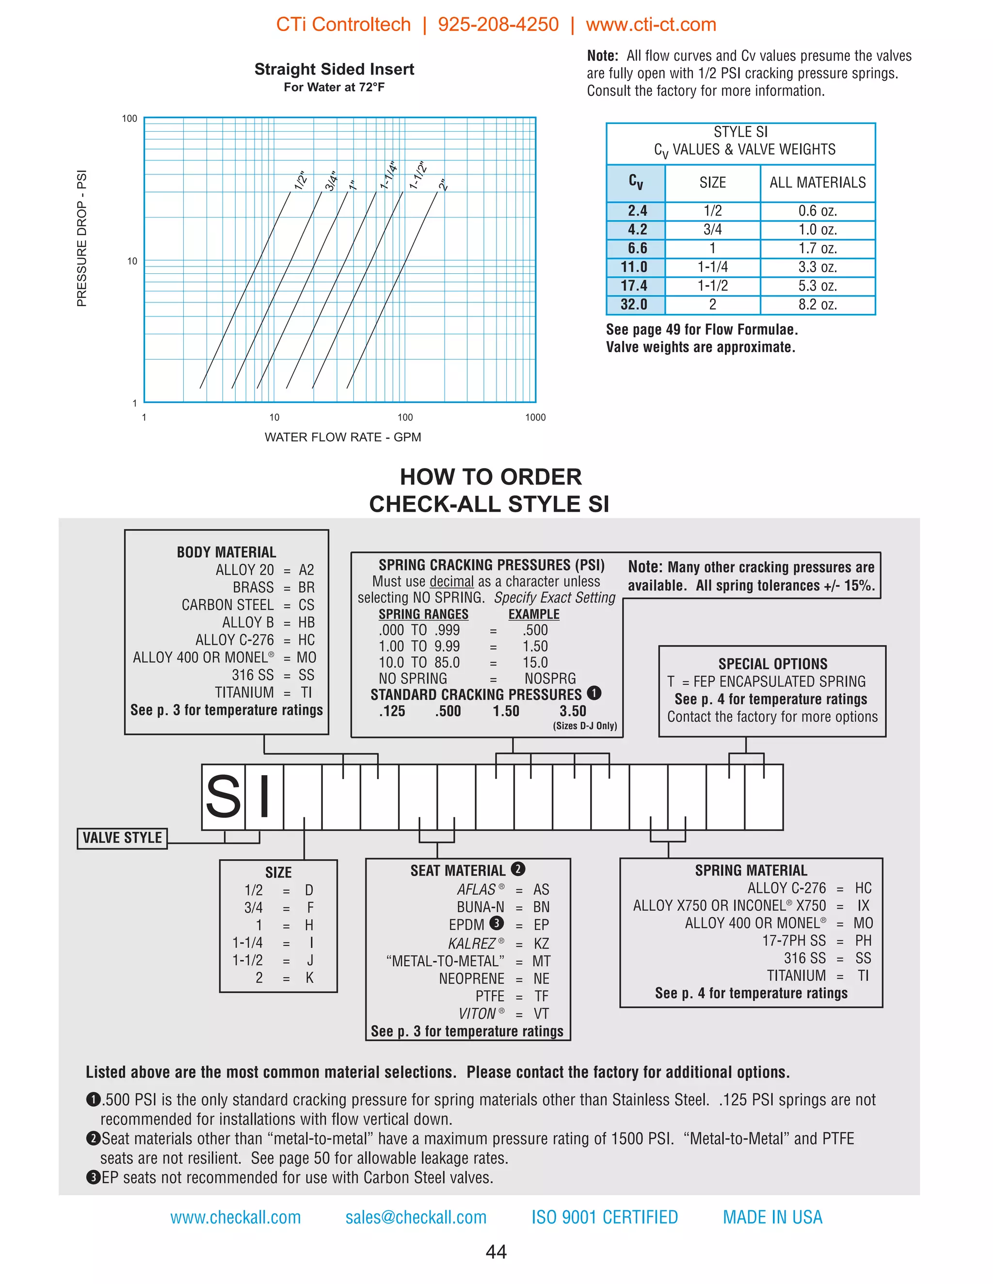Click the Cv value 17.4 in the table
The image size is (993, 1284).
pos(634,286)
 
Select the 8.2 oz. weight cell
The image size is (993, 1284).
pos(817,305)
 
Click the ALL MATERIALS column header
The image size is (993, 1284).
pos(817,183)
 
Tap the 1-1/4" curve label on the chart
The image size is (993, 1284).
pos(389,175)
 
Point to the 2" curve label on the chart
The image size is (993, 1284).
pos(444,185)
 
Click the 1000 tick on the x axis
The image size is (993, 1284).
pos(535,417)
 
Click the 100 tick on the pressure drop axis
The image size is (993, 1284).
pos(129,119)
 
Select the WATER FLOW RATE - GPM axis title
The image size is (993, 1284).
pos(342,437)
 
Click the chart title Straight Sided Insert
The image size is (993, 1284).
pos(334,69)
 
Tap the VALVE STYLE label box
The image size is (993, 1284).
pos(122,838)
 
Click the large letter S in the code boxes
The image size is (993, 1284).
pos(223,797)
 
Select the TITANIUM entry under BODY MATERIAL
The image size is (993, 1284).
pos(244,692)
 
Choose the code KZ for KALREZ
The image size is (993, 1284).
pos(541,943)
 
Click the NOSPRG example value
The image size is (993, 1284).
pos(550,678)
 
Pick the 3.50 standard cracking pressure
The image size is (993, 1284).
pos(573,711)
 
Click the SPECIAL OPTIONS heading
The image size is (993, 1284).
pos(772,664)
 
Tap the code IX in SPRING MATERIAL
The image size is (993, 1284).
pos(863,906)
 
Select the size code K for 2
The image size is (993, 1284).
pos(309,978)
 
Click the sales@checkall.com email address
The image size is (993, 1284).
pos(416,1217)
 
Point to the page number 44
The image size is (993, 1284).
pos(496,1252)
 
